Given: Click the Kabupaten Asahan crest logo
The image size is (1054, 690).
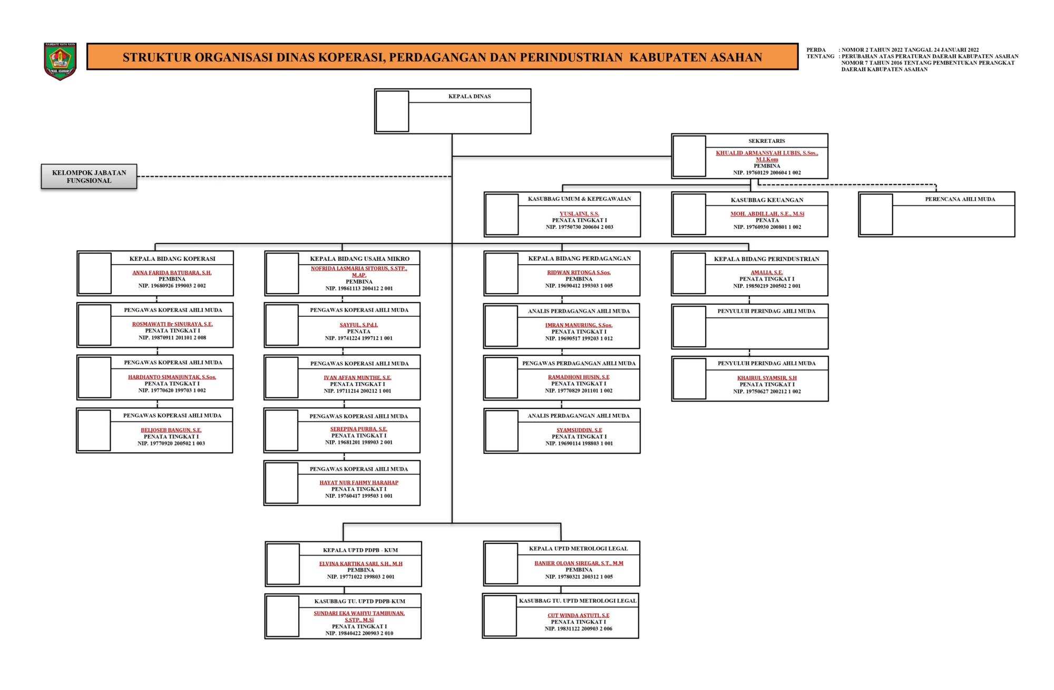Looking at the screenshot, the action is click(60, 61).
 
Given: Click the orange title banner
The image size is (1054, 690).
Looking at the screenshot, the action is click(442, 57).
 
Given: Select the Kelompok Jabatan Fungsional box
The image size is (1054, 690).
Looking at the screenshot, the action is click(89, 177).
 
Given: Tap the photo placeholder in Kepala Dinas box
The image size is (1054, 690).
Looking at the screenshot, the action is click(392, 111).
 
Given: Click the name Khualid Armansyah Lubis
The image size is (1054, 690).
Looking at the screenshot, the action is click(767, 156).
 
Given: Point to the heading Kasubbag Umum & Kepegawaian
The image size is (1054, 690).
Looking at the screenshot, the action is click(579, 199).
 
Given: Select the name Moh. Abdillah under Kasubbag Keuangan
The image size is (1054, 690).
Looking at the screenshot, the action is click(767, 214).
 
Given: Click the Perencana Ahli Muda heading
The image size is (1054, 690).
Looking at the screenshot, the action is click(960, 199).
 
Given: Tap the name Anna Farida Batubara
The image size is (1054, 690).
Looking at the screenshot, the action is click(172, 273).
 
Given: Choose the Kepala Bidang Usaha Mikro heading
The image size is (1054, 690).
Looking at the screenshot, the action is click(359, 259).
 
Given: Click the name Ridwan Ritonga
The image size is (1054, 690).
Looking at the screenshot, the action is click(579, 273).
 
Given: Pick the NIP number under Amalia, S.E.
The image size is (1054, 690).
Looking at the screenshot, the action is click(767, 286).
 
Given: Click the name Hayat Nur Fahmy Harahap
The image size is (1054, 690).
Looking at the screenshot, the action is click(359, 482).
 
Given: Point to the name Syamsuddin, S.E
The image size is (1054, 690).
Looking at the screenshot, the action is click(579, 430).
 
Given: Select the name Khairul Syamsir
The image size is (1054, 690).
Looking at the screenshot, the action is click(767, 378).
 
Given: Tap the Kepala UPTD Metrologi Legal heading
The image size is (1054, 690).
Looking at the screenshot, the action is click(579, 549).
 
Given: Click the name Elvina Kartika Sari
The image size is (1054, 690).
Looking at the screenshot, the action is click(360, 563).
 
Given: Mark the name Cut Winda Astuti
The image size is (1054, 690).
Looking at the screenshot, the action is click(578, 615).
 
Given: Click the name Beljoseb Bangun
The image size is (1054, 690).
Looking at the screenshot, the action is click(171, 430).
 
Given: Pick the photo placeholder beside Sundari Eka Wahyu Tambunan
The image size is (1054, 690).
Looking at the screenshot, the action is click(283, 616).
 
